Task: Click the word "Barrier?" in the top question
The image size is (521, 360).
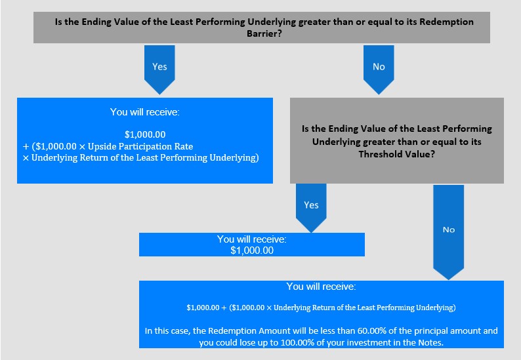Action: click(264, 33)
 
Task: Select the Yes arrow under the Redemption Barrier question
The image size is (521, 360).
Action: click(159, 70)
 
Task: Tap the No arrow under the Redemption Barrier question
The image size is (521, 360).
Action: click(379, 70)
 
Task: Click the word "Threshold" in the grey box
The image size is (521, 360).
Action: click(378, 154)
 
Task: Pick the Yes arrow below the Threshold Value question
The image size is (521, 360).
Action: click(311, 208)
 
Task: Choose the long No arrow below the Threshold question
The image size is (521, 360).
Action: click(449, 232)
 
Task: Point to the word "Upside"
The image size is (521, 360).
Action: click(102, 146)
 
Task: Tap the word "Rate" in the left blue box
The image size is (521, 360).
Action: click(184, 146)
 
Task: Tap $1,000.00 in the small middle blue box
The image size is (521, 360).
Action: click(252, 250)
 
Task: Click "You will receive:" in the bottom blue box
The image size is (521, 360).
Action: click(322, 287)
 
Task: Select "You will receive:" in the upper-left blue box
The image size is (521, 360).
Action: click(145, 112)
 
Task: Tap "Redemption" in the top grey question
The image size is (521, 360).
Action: click(447, 22)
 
